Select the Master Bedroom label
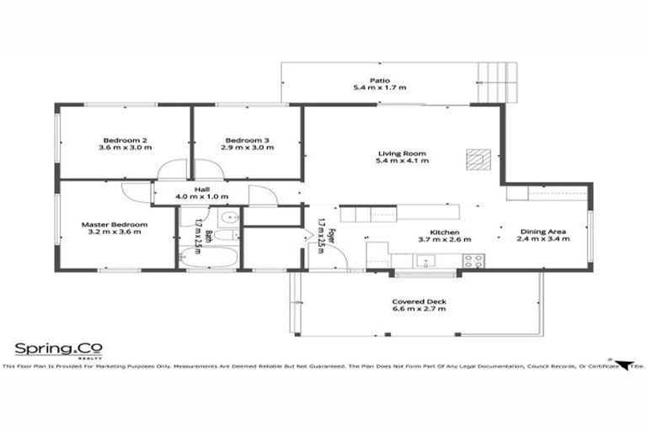click(x=115, y=225)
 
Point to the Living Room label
click(x=402, y=154)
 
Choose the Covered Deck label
click(x=419, y=301)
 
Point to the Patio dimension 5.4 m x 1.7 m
click(x=379, y=88)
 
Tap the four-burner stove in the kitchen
click(x=473, y=260)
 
